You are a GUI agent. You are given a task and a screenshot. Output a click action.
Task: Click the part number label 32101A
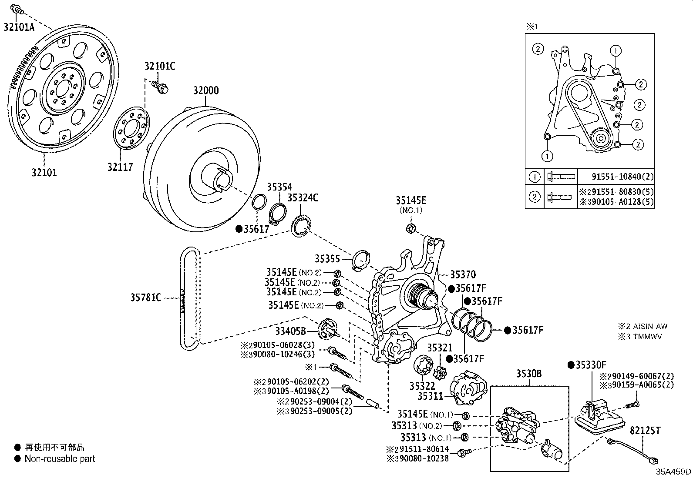coord(19,27)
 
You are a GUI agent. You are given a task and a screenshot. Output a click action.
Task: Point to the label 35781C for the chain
coord(146,297)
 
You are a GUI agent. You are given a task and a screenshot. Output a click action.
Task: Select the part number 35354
coord(279,187)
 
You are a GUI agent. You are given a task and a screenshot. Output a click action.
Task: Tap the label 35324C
coord(303,198)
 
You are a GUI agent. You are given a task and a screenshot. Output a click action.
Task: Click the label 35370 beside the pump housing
coord(463,274)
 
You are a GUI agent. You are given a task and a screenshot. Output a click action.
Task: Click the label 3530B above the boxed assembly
coord(529,374)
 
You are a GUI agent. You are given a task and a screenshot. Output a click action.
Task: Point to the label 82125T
coord(645,431)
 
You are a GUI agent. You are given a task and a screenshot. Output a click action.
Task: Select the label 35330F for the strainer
coord(591,365)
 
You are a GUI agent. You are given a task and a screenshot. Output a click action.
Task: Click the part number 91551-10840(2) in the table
coord(622,177)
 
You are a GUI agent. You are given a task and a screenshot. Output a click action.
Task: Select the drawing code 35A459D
coord(673,471)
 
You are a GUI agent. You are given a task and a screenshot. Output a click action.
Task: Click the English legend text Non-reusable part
coord(60,458)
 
